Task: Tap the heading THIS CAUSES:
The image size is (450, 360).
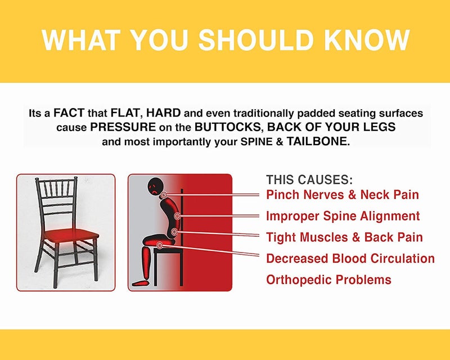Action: (309, 180)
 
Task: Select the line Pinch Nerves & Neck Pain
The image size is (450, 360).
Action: (343, 195)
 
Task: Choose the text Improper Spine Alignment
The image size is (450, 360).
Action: (343, 215)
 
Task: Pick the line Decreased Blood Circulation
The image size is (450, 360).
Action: (350, 258)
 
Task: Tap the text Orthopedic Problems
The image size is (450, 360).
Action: (328, 280)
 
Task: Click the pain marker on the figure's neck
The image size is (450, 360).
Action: (164, 195)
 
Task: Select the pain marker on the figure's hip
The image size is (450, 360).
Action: (162, 245)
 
